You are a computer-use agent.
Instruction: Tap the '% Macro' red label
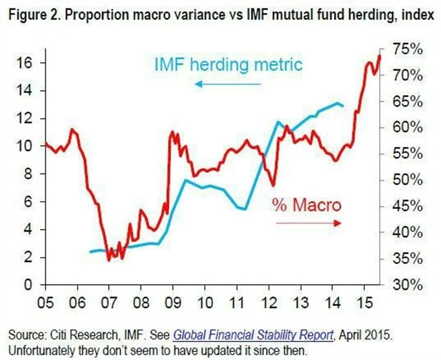(x=307, y=205)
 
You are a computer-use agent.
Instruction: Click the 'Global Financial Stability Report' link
(x=253, y=334)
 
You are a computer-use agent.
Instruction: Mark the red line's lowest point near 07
(x=108, y=260)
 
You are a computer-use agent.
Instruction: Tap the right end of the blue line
(x=344, y=106)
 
